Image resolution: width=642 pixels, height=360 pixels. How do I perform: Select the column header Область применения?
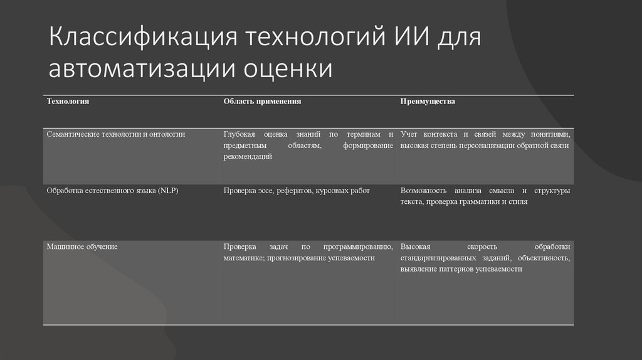(263, 101)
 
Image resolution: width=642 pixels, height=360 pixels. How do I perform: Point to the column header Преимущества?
(428, 101)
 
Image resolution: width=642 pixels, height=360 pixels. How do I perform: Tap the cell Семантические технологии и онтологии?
(115, 134)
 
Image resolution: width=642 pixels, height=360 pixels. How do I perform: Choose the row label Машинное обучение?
(82, 246)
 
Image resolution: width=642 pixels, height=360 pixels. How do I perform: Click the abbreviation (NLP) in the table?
(168, 190)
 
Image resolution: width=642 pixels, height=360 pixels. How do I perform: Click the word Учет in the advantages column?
(409, 134)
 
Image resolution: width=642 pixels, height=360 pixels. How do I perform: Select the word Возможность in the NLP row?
(423, 190)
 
